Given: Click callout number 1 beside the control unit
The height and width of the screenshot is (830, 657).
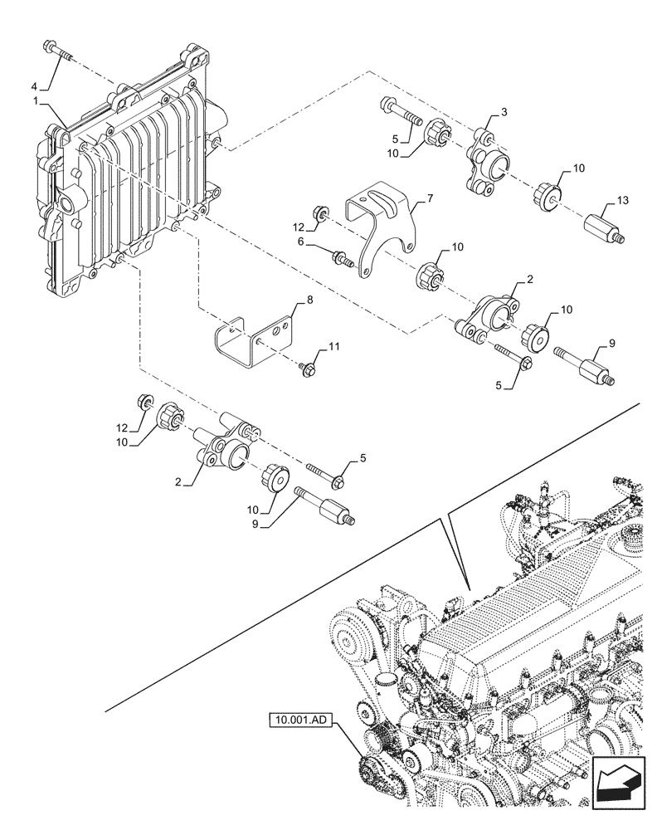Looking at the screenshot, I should click(36, 100).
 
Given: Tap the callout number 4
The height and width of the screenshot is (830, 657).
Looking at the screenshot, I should click(35, 85).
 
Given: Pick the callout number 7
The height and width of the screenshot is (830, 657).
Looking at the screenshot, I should click(430, 199).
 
